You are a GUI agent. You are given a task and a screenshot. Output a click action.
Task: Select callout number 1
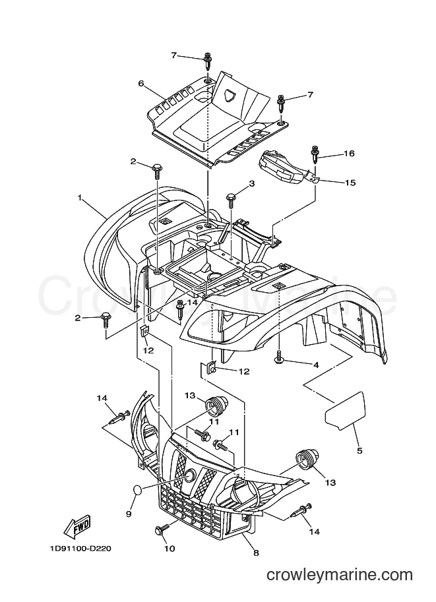point(80,198)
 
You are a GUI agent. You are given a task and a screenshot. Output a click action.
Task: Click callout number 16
point(349,154)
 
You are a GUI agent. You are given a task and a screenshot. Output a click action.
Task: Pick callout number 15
point(350,182)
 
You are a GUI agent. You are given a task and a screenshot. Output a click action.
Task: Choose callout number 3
point(252,184)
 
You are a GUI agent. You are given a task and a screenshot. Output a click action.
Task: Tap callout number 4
point(316,365)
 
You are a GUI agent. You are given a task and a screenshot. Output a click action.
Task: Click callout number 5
point(359,450)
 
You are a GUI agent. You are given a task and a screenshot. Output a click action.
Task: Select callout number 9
point(129,513)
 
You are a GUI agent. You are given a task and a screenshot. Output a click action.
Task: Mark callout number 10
point(170,548)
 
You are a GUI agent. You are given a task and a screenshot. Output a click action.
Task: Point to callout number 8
point(256,553)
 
